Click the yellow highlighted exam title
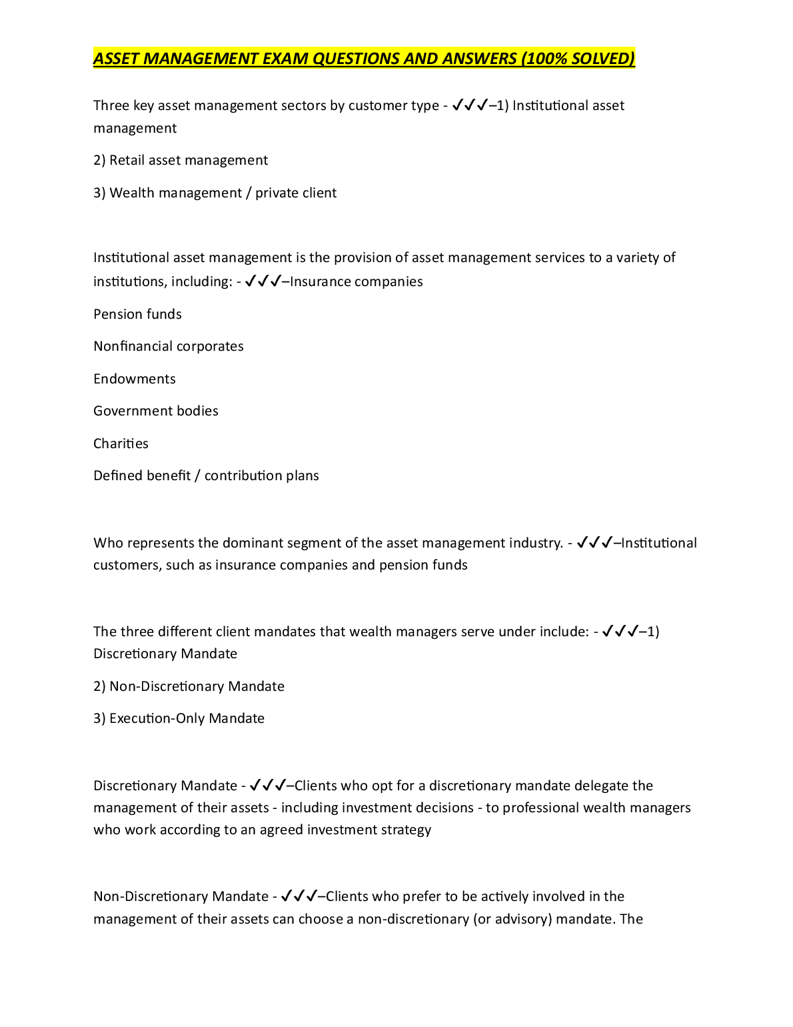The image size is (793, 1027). point(364,59)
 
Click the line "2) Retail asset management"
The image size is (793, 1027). point(181,161)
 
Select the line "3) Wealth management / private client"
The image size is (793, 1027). point(215,193)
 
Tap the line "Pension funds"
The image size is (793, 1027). point(137,314)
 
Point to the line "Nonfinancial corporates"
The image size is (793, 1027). point(169,347)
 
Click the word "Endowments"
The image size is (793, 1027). point(135,379)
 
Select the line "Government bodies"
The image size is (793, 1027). point(156,411)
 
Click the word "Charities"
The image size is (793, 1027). point(121,443)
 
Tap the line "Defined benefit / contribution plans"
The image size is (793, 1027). point(206,476)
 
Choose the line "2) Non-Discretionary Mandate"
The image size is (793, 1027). point(189,687)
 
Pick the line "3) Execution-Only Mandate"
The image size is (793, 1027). point(179,719)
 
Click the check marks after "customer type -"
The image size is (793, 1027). point(470,105)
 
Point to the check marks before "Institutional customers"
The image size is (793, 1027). point(594,543)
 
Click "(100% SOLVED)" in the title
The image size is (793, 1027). point(578,59)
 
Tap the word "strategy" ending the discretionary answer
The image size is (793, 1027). point(406,830)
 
